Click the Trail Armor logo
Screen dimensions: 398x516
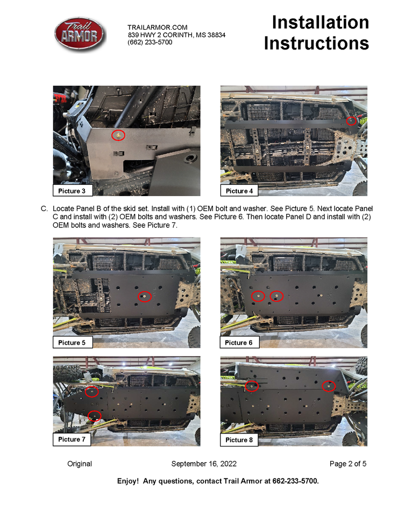click(x=80, y=34)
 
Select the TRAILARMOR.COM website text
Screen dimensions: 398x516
click(x=158, y=27)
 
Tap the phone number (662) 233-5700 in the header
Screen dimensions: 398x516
click(x=150, y=42)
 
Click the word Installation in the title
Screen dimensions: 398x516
click(x=321, y=23)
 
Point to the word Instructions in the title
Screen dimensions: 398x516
click(x=316, y=44)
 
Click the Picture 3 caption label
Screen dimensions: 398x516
click(x=72, y=191)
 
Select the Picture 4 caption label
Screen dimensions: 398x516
click(x=239, y=191)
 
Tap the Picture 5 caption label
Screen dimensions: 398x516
click(x=72, y=343)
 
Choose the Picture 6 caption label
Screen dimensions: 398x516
click(x=239, y=343)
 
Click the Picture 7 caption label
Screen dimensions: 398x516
click(x=72, y=440)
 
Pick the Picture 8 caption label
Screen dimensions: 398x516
click(x=239, y=440)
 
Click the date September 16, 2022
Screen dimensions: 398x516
click(x=204, y=464)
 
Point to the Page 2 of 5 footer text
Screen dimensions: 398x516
click(x=348, y=464)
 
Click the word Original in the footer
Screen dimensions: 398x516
click(x=80, y=464)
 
